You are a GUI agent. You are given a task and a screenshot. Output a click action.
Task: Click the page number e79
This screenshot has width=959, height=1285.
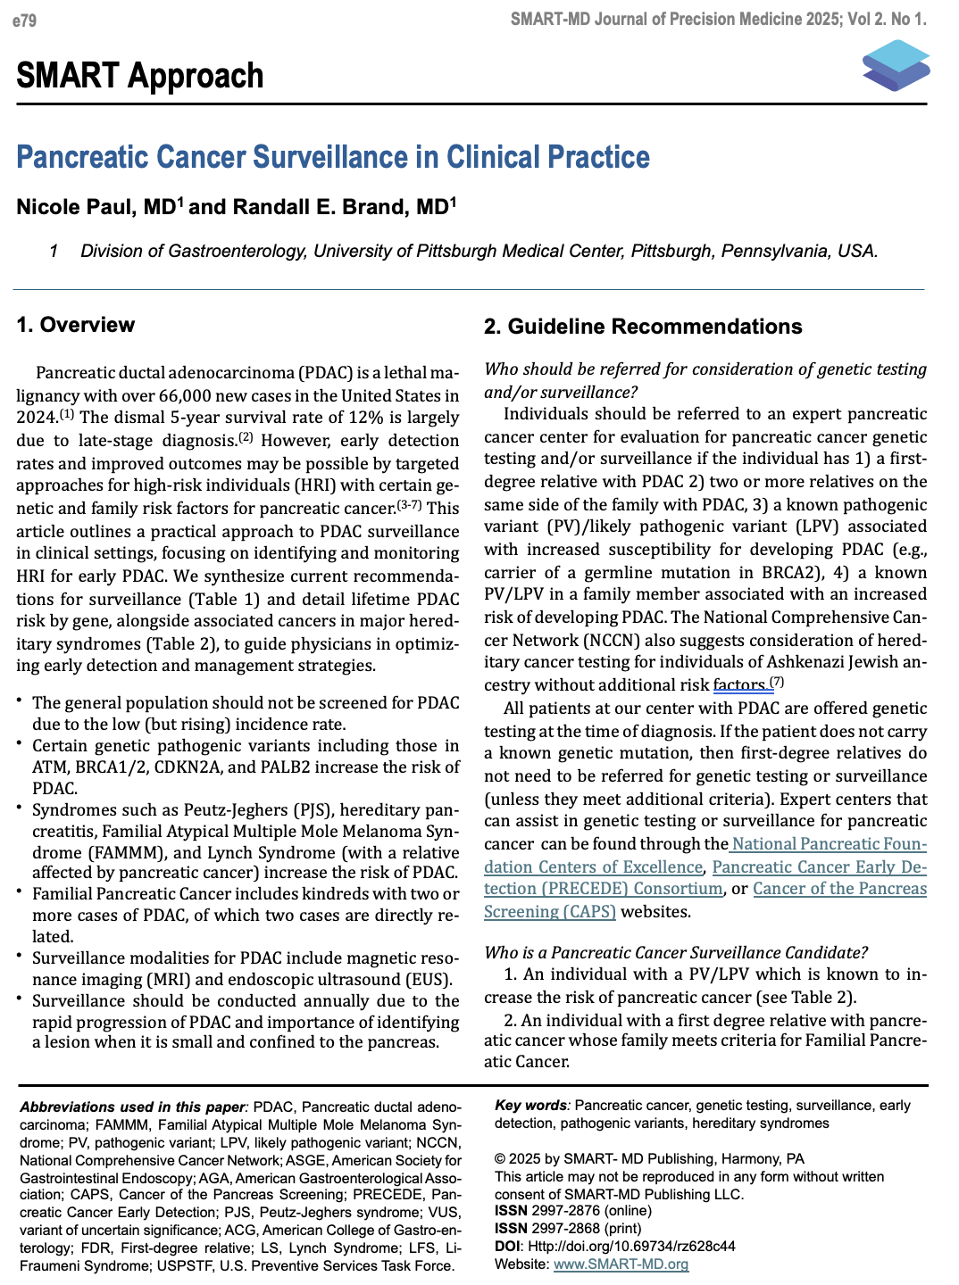(x=24, y=20)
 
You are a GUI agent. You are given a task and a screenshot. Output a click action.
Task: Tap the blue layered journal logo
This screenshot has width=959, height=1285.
(x=896, y=65)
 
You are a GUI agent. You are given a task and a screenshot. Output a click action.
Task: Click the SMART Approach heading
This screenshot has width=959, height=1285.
(x=140, y=76)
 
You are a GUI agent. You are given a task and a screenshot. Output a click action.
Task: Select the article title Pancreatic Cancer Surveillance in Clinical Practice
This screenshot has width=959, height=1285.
(x=333, y=157)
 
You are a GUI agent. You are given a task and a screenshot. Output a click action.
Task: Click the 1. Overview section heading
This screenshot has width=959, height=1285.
(x=76, y=325)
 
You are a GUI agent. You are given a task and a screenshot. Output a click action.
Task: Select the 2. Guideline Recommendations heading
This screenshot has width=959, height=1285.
(x=643, y=327)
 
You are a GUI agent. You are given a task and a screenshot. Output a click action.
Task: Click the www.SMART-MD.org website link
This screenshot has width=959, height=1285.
(x=621, y=1264)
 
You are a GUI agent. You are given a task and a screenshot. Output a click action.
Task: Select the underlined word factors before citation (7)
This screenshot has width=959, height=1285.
(x=739, y=685)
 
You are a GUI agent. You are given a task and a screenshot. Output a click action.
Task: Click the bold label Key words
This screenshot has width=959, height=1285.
(x=530, y=1105)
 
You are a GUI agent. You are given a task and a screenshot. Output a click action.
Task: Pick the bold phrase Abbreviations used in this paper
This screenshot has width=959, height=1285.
(x=133, y=1107)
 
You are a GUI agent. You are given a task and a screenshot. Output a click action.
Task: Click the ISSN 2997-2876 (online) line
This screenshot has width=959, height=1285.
(x=572, y=1211)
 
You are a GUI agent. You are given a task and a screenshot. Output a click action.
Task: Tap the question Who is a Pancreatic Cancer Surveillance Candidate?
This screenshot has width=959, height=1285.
(x=675, y=952)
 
